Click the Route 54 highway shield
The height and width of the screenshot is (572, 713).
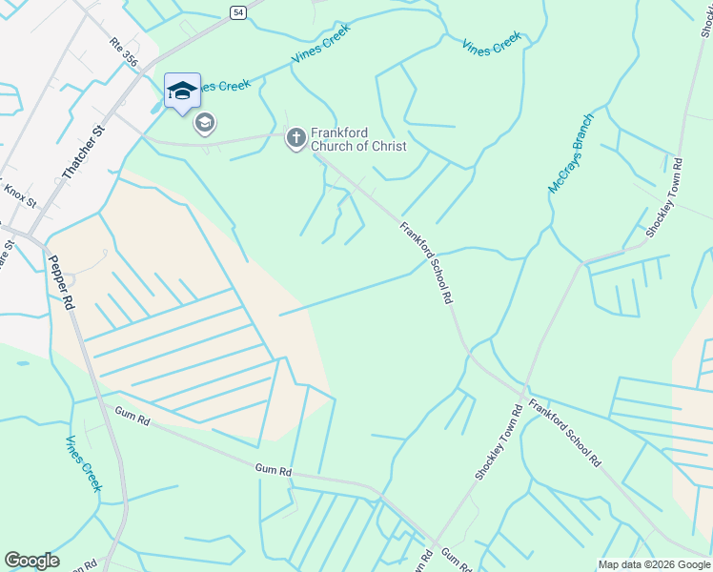click(237, 10)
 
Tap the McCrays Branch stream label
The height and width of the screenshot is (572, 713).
click(571, 153)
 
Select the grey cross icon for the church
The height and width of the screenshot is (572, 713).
click(295, 139)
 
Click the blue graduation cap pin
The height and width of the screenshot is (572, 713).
click(182, 92)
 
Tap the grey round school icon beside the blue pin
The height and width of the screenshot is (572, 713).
click(205, 123)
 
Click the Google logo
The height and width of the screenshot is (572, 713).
click(31, 561)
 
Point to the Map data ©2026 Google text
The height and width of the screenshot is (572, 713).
click(654, 564)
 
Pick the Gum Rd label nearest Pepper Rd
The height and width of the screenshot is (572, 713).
click(132, 418)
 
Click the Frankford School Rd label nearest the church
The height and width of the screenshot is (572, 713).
click(425, 262)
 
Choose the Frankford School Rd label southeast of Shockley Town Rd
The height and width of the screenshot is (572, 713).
click(565, 432)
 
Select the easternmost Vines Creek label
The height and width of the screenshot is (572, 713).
click(492, 44)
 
